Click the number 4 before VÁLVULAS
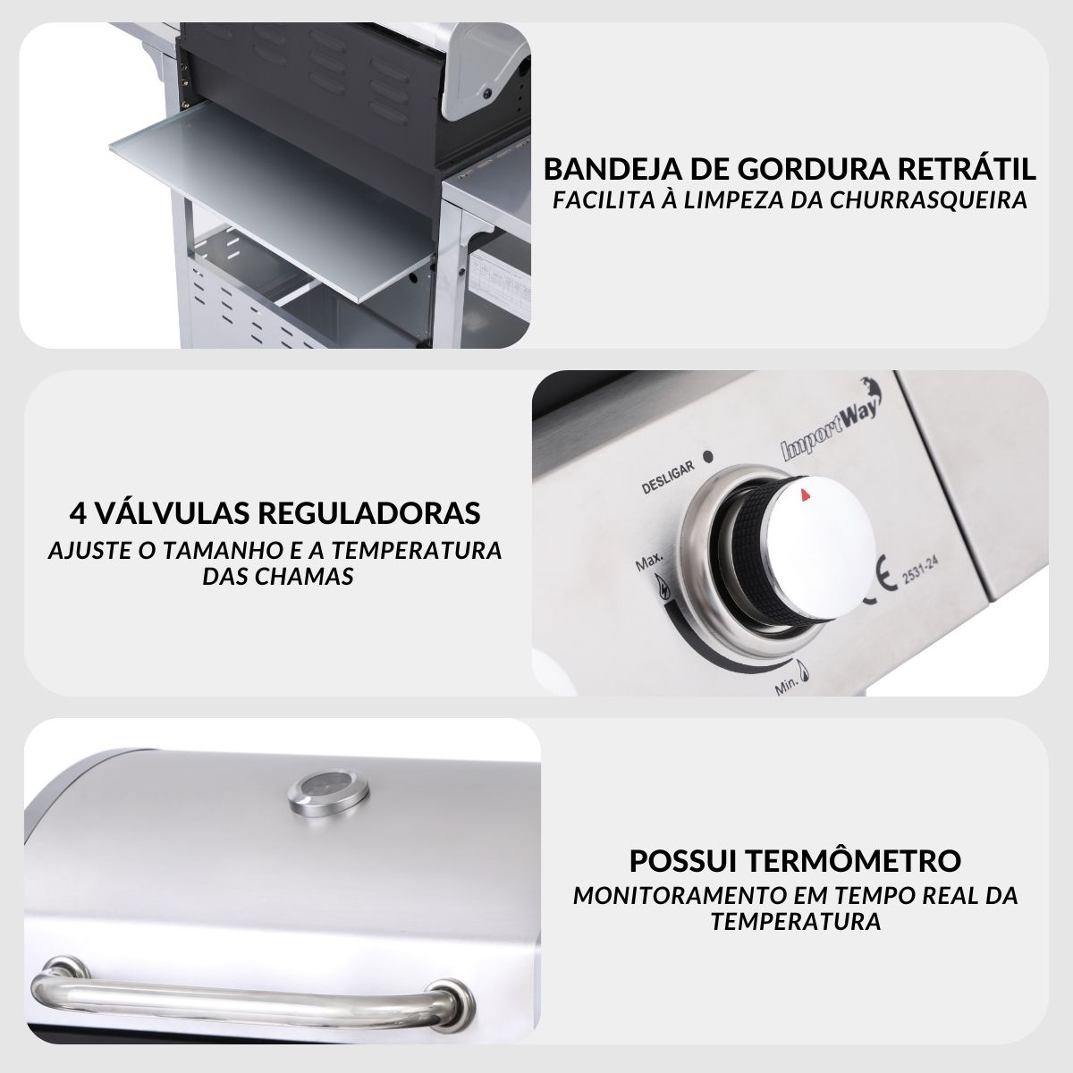pyautogui.click(x=79, y=513)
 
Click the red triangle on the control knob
pyautogui.click(x=804, y=494)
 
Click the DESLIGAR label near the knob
pyautogui.click(x=668, y=477)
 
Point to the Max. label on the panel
pyautogui.click(x=649, y=562)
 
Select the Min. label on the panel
pyautogui.click(x=786, y=688)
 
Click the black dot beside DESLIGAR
pyautogui.click(x=709, y=457)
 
